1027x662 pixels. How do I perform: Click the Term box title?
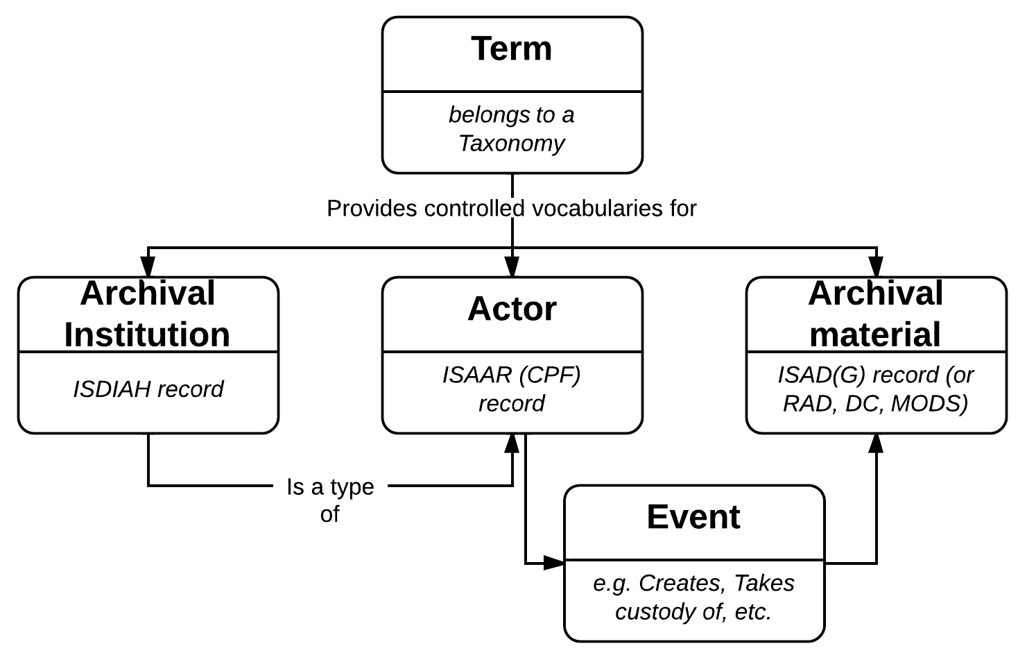point(512,49)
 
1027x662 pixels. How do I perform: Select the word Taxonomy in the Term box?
point(512,144)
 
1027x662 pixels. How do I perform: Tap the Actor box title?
point(512,309)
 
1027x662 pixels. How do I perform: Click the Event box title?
point(693,518)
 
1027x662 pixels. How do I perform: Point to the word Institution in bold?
point(147,334)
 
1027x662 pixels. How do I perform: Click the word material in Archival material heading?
point(875,334)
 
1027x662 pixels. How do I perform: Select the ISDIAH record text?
point(148,389)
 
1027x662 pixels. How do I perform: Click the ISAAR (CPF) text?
point(512,375)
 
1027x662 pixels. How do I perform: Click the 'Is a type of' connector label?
point(330,500)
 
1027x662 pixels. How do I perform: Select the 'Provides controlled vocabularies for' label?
point(512,208)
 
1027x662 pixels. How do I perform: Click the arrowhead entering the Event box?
point(554,563)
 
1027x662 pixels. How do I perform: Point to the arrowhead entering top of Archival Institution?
point(148,267)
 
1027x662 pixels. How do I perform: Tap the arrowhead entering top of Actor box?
point(512,267)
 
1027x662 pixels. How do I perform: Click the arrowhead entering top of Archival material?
point(877,267)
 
